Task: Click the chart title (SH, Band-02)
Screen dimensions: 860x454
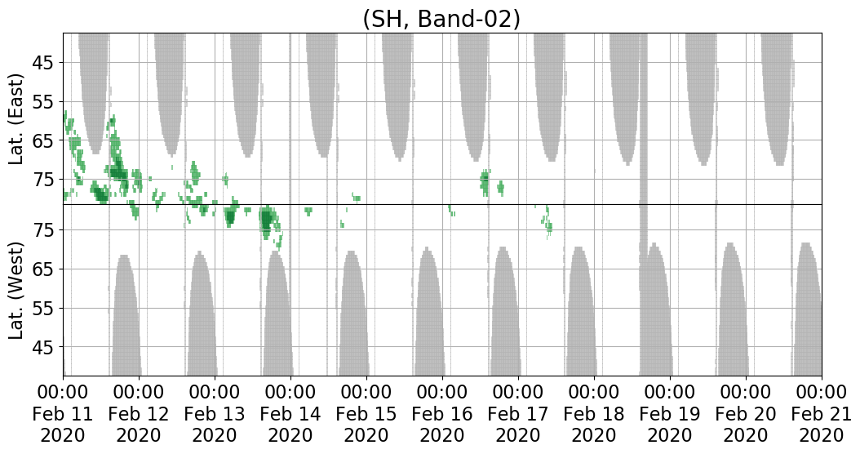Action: point(441,20)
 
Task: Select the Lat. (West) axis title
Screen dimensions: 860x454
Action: point(17,290)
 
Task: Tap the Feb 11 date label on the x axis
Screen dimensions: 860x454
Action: point(63,413)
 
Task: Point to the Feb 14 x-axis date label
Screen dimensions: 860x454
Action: point(290,413)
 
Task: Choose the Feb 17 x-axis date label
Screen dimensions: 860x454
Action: point(518,413)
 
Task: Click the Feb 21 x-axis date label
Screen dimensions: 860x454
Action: point(822,413)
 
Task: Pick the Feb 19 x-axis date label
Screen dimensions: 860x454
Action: point(670,413)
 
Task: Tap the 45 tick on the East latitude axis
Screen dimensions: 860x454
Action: point(46,63)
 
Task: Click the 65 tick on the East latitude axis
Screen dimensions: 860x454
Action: point(46,140)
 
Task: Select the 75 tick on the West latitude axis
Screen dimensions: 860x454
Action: point(46,230)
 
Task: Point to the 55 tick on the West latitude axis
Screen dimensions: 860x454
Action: point(46,308)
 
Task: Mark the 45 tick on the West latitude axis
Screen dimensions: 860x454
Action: point(46,347)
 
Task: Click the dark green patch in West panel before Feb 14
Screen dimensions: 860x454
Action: point(267,220)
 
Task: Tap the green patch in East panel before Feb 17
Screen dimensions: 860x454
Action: point(485,182)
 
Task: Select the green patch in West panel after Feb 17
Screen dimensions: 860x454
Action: point(547,222)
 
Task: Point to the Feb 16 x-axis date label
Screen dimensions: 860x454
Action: point(442,413)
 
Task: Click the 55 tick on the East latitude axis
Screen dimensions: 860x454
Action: point(46,101)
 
